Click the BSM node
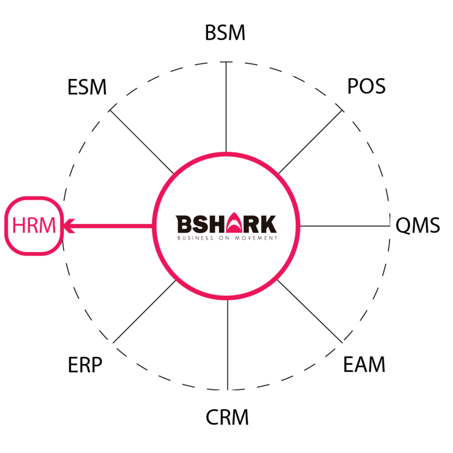click(x=226, y=33)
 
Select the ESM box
click(x=87, y=88)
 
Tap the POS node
click(x=365, y=87)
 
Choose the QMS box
click(x=418, y=226)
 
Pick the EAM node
click(x=365, y=365)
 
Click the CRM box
click(x=226, y=417)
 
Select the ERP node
click(x=87, y=365)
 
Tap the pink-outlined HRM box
click(x=34, y=226)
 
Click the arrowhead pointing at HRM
click(x=69, y=226)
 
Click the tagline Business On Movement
click(x=227, y=238)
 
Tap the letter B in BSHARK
click(x=183, y=224)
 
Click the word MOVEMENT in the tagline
click(x=260, y=238)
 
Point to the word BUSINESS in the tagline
click(x=192, y=238)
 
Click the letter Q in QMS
click(x=402, y=226)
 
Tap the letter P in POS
click(x=352, y=87)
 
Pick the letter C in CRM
click(x=212, y=417)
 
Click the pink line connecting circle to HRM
click(x=113, y=226)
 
